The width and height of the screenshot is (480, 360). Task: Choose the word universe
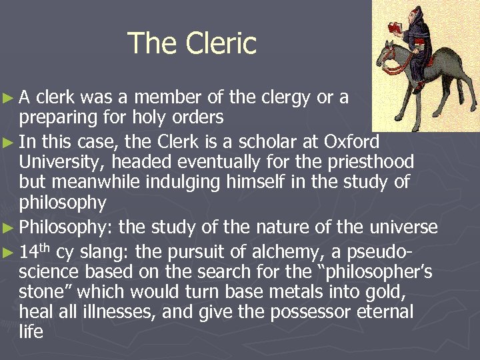401,227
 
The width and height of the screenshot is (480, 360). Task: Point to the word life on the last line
31,331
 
